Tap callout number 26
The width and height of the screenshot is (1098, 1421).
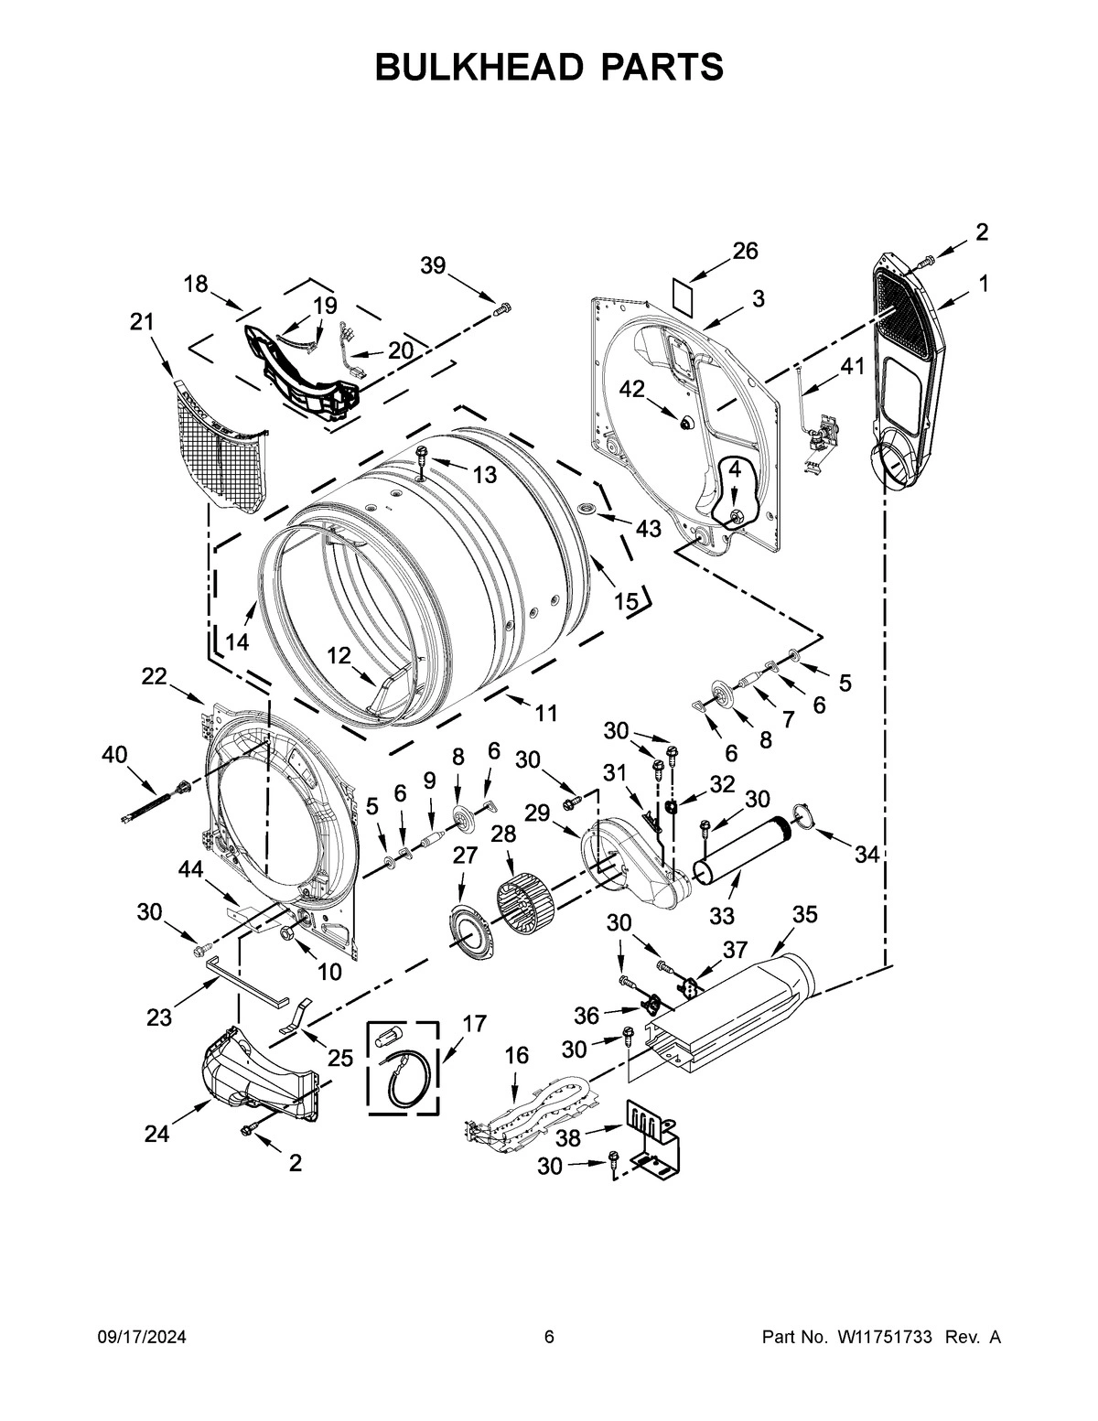click(x=746, y=251)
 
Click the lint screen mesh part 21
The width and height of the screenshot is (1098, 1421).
click(x=220, y=448)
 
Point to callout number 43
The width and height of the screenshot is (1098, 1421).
click(x=648, y=528)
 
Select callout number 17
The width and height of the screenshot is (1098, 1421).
click(x=475, y=1024)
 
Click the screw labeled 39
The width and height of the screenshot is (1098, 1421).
click(x=501, y=310)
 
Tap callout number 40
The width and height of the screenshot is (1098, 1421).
click(x=115, y=755)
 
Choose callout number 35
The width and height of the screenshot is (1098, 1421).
click(x=805, y=914)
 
